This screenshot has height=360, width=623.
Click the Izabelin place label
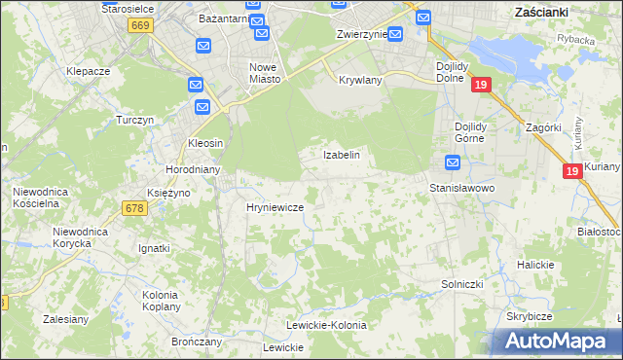(342, 155)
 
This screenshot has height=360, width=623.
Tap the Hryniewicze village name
(275, 207)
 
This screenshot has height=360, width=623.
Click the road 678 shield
(135, 207)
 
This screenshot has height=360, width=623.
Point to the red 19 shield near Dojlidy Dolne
(480, 86)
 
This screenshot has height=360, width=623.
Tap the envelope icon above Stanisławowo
(453, 162)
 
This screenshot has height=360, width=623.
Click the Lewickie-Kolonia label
(326, 325)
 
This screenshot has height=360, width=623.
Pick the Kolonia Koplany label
(161, 300)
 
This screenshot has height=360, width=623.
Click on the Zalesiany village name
(67, 318)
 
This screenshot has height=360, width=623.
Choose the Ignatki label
(154, 248)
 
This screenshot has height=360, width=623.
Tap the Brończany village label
(197, 342)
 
